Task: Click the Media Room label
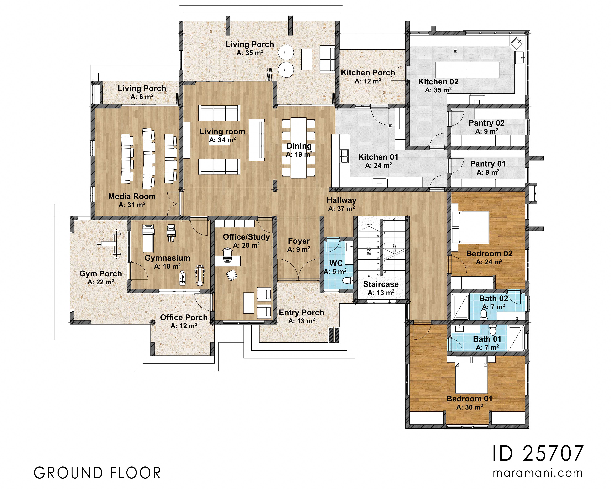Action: pos(132,196)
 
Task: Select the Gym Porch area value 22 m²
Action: pos(101,282)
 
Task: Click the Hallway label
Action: pos(341,200)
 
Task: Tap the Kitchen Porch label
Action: pos(367,73)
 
